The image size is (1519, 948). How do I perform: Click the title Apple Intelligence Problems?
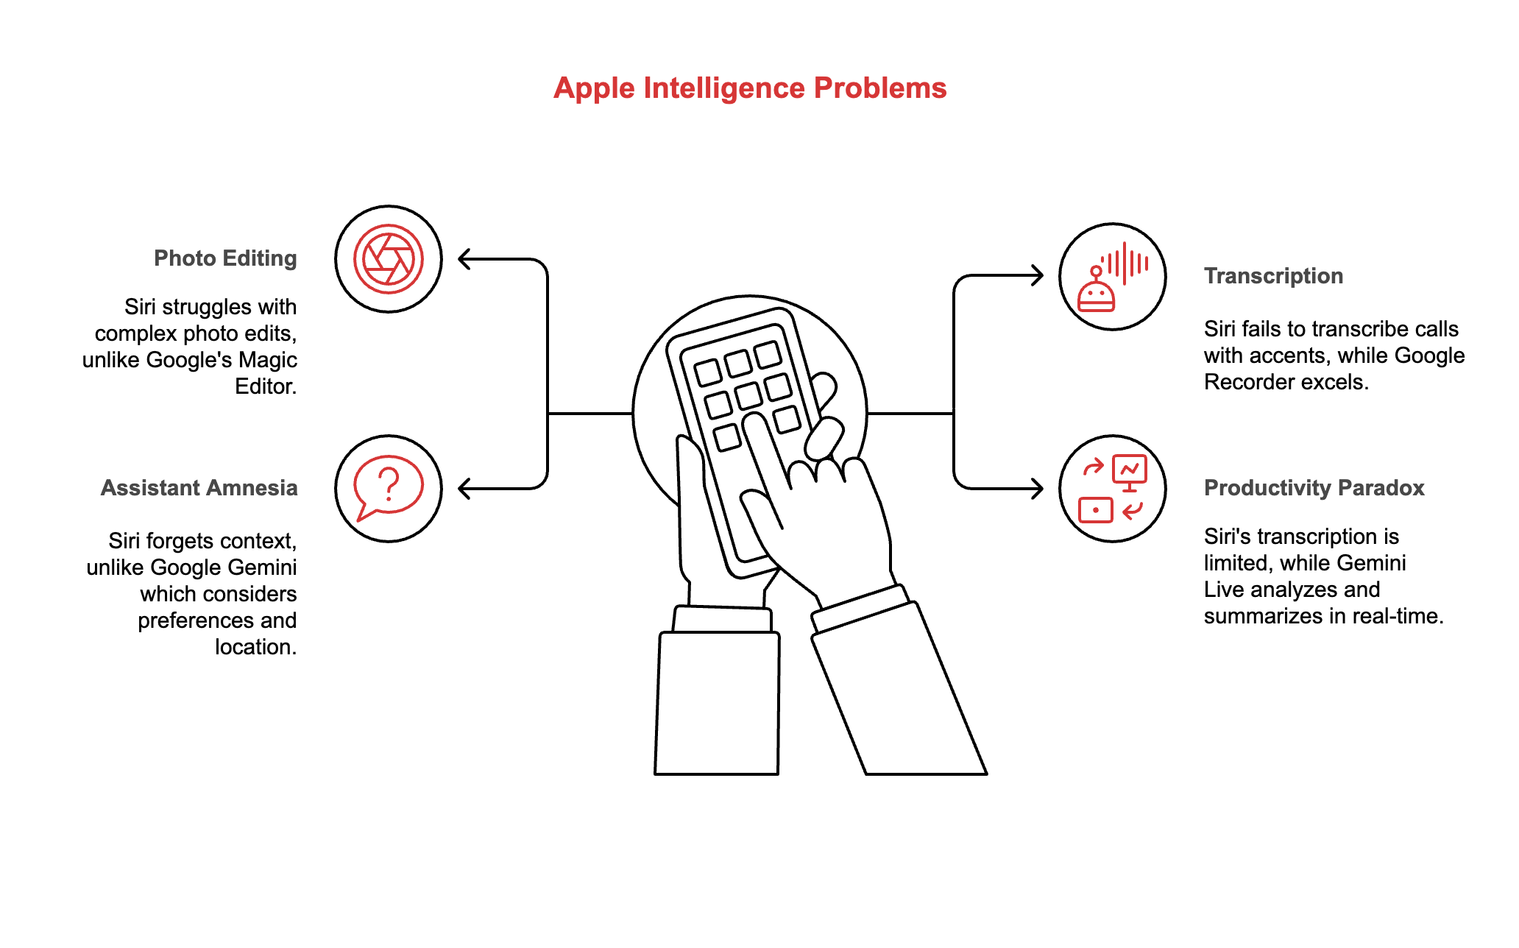[749, 88]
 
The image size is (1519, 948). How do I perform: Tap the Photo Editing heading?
[225, 258]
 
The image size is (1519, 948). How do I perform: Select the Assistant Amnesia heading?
[199, 488]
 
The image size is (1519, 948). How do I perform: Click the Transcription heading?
[1273, 276]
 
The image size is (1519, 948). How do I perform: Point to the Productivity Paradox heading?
[1314, 488]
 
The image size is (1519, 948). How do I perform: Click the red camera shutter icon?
[389, 259]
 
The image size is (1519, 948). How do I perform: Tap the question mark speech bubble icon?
[389, 489]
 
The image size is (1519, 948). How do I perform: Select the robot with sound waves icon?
[1112, 277]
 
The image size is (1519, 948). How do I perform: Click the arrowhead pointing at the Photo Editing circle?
[464, 259]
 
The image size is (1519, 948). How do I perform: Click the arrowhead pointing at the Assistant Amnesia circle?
[464, 489]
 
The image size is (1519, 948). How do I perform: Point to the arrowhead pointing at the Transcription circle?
[1037, 276]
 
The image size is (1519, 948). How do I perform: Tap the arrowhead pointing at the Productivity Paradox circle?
[1037, 489]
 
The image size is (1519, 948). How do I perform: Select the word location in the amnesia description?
[255, 647]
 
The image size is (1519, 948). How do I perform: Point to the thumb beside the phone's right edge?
[824, 439]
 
